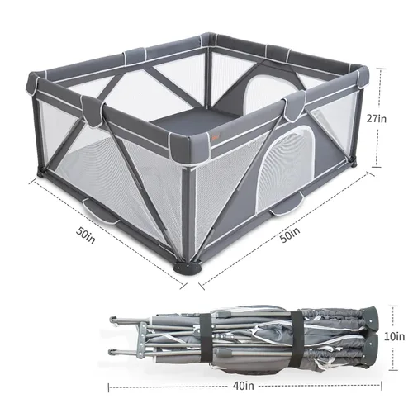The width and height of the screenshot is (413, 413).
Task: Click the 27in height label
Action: [377, 119]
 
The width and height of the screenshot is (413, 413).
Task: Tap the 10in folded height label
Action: [394, 336]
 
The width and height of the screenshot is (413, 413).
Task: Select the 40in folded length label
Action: [244, 386]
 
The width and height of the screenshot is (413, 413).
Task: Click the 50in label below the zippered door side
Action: [290, 235]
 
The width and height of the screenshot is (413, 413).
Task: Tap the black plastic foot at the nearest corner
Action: [188, 267]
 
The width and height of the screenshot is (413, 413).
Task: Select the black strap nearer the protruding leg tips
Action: [206, 337]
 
